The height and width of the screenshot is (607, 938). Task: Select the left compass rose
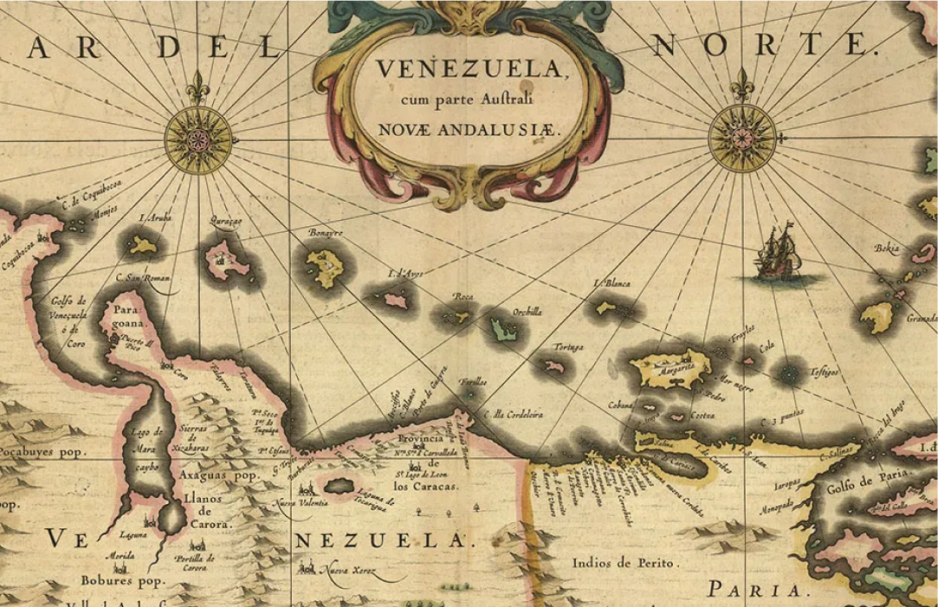point(198,137)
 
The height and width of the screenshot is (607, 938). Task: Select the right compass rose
point(741,137)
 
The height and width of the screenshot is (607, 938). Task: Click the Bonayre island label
point(326,234)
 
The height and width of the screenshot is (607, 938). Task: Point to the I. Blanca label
point(612,283)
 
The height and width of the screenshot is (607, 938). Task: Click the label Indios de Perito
point(622,563)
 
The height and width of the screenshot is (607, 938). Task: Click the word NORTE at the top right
point(759,43)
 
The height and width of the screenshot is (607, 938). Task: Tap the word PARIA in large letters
point(754,590)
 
